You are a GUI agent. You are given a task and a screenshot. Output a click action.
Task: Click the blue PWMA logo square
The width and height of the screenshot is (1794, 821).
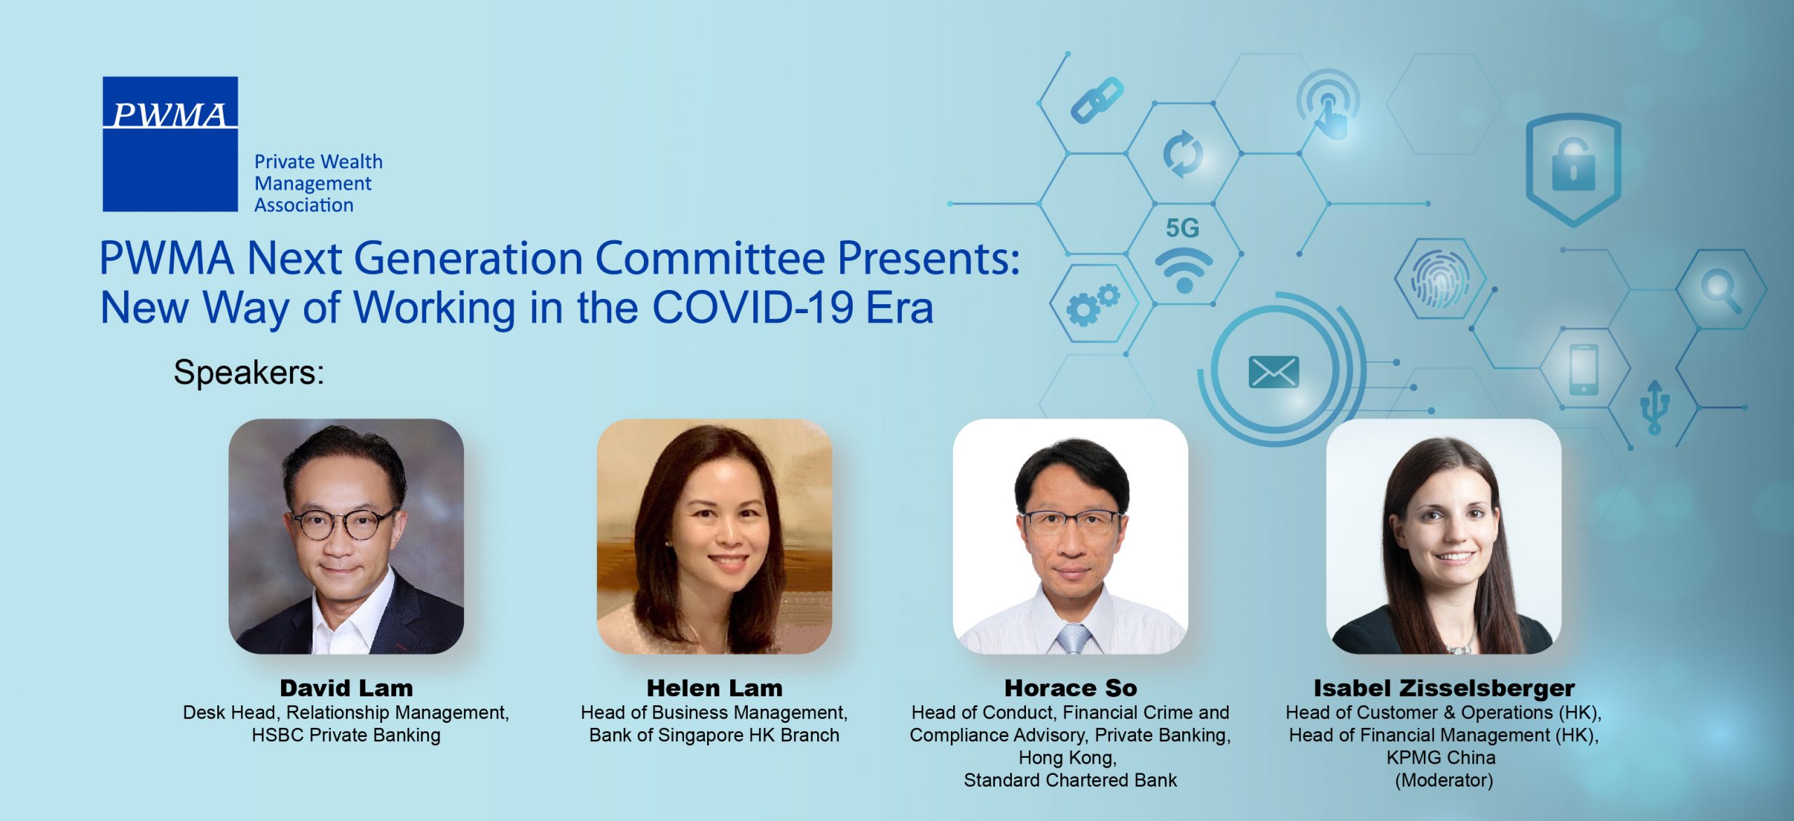point(170,144)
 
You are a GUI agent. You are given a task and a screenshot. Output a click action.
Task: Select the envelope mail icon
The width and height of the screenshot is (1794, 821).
point(1273,372)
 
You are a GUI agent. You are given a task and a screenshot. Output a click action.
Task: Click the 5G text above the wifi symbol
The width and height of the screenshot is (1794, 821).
point(1183,228)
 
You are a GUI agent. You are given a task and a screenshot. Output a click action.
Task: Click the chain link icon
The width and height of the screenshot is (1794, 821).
point(1097,99)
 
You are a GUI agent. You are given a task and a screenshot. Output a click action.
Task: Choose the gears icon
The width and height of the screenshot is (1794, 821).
point(1093,305)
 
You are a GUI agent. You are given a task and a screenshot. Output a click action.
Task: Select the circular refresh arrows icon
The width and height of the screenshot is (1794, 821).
point(1183,153)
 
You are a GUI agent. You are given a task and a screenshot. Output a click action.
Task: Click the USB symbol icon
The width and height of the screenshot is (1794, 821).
point(1655,406)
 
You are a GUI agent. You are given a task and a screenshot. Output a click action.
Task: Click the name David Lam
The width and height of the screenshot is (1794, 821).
point(346,688)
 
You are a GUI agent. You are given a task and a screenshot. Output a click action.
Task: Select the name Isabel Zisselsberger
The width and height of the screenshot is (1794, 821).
point(1444,688)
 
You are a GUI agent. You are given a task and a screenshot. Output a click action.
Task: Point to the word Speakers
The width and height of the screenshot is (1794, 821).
point(249,372)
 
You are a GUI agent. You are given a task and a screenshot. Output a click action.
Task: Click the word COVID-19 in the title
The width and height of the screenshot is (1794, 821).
point(753,308)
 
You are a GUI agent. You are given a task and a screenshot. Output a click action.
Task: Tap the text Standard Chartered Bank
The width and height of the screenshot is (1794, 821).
point(1070,780)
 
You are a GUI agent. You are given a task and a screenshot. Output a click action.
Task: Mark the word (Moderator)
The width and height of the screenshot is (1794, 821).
point(1444,780)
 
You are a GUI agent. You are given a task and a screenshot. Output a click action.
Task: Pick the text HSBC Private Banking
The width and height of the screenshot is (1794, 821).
point(346,735)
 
